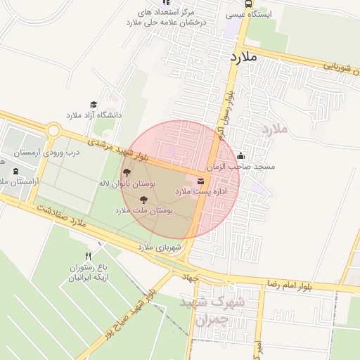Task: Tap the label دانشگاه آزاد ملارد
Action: [94, 114]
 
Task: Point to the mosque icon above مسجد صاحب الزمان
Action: [242, 156]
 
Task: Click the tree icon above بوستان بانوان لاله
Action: [127, 173]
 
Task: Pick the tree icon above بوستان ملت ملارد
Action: [144, 200]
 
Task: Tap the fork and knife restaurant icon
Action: [88, 256]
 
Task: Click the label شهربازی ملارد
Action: [159, 247]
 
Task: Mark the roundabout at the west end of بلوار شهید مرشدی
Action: [53, 131]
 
